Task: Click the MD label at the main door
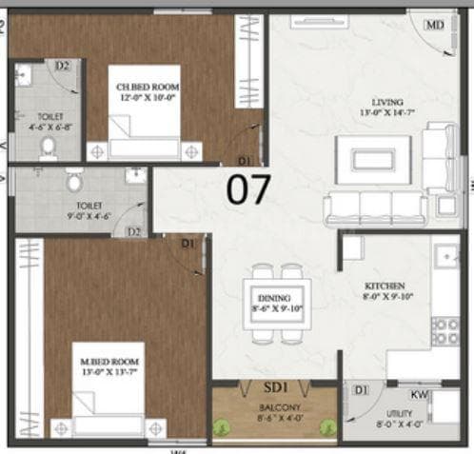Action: coord(435,25)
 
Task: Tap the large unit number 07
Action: coord(247,188)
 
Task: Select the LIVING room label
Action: coord(387,102)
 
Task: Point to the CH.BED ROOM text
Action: coord(148,87)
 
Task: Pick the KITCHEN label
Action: coord(385,286)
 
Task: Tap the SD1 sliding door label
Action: coord(275,388)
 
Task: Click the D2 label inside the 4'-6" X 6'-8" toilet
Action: coord(63,66)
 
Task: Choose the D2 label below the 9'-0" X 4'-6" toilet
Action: coord(134,231)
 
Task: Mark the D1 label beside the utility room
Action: coord(361,390)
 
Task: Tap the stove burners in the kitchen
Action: coord(444,330)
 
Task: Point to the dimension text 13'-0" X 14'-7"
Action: coord(387,115)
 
